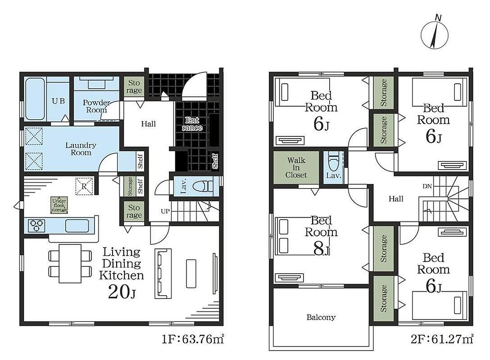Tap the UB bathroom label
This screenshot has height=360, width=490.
point(59,101)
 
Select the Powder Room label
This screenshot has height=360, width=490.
point(96,106)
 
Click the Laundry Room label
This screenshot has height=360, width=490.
point(81,149)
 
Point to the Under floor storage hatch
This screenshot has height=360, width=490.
point(59,205)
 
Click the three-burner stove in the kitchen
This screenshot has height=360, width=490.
point(36,225)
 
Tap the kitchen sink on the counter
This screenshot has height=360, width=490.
point(77,226)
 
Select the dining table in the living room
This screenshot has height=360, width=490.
point(70,264)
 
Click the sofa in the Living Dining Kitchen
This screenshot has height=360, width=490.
point(163,274)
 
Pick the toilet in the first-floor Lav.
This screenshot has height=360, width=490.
point(203,187)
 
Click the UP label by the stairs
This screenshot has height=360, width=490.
point(165,211)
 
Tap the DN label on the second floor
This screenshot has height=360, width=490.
point(427,186)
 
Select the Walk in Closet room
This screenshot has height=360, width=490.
point(296,168)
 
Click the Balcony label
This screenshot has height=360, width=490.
point(321,318)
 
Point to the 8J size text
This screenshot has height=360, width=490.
point(322,249)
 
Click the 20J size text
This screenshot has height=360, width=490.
point(122,292)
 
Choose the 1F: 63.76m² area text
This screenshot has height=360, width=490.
point(192,339)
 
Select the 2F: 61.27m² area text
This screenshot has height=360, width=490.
point(442,339)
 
